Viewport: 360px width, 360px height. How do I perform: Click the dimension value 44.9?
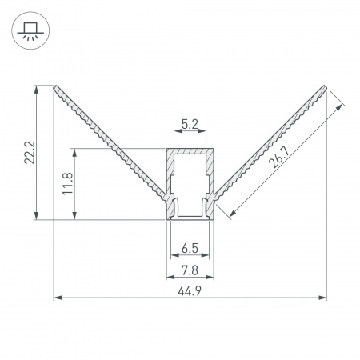click(190, 290)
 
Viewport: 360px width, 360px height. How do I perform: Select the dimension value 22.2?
click(29, 151)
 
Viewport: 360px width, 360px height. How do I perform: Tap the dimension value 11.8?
click(67, 183)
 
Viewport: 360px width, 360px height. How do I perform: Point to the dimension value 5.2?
click(190, 124)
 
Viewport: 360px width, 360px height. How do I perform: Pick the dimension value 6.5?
click(190, 248)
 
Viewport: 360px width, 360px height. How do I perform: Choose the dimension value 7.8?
click(190, 269)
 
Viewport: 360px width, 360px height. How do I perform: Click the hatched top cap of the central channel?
click(190, 153)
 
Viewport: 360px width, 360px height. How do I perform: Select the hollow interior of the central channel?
click(190, 184)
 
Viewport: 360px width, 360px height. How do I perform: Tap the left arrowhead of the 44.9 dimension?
click(57, 299)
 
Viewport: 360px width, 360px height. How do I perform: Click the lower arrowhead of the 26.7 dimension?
click(232, 214)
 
